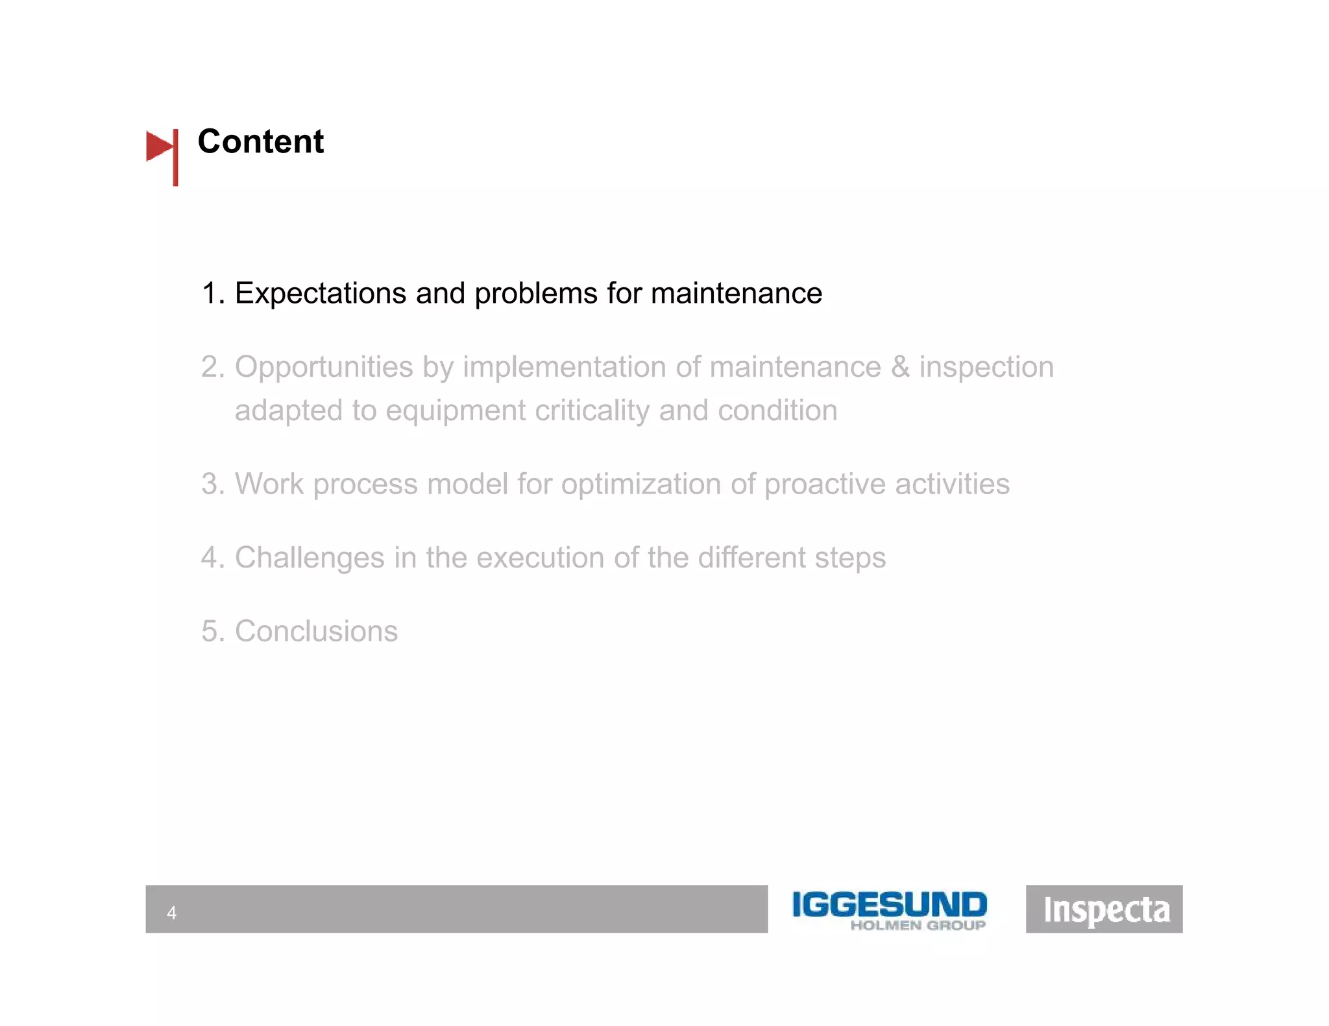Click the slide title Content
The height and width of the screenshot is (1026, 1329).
click(x=260, y=141)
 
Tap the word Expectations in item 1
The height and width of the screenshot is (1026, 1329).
click(x=321, y=294)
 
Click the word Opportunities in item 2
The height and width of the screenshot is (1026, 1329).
click(x=323, y=368)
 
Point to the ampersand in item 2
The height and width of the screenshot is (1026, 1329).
click(x=899, y=367)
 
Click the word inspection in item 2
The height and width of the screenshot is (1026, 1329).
click(x=986, y=368)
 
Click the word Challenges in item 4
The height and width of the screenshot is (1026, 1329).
click(x=310, y=558)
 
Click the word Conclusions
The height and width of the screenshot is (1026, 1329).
click(x=316, y=631)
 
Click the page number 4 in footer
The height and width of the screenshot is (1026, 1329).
click(x=171, y=913)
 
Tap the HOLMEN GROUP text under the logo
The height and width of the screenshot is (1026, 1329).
click(x=918, y=925)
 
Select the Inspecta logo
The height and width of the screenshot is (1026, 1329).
click(x=1104, y=909)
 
